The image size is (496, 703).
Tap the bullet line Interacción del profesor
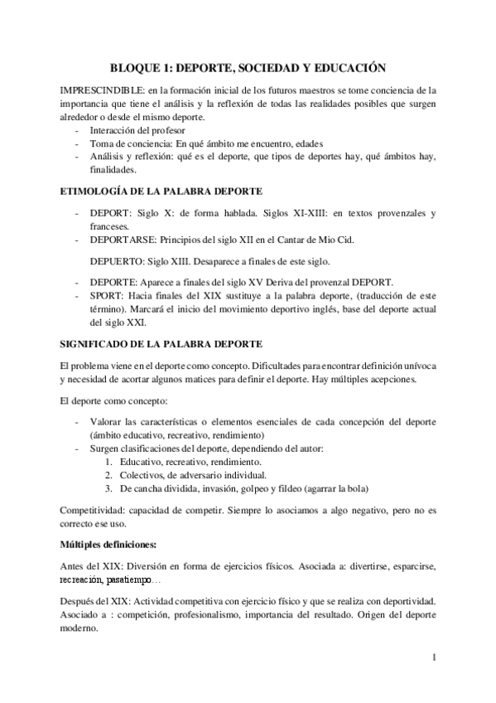(x=137, y=129)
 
